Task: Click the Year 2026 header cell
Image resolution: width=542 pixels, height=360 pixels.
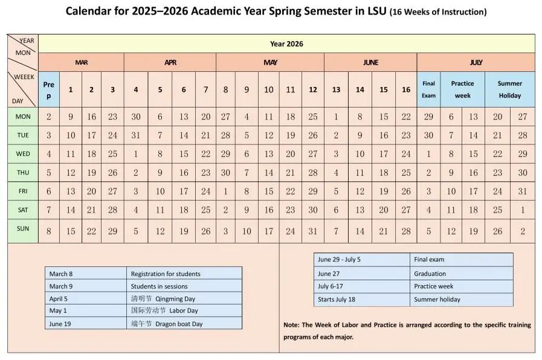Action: point(286,43)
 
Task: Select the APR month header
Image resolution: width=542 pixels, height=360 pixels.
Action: point(170,62)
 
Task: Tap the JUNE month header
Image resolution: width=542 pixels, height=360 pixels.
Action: point(370,62)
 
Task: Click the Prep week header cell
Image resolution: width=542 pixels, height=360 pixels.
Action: point(49,90)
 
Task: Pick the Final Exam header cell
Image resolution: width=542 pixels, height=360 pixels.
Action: point(428,89)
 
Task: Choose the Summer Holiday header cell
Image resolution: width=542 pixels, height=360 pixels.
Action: point(509,89)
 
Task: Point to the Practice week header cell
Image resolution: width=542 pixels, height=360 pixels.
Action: point(462,89)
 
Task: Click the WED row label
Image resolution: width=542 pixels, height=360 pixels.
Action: point(23,154)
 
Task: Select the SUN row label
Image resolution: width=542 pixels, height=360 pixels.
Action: point(23,229)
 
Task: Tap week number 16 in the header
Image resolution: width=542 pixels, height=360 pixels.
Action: point(406,90)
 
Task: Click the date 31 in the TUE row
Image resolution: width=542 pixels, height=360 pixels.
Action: point(135,135)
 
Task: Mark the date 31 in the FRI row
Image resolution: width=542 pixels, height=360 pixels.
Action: point(522,191)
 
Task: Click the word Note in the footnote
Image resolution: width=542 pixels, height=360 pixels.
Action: point(291,325)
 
